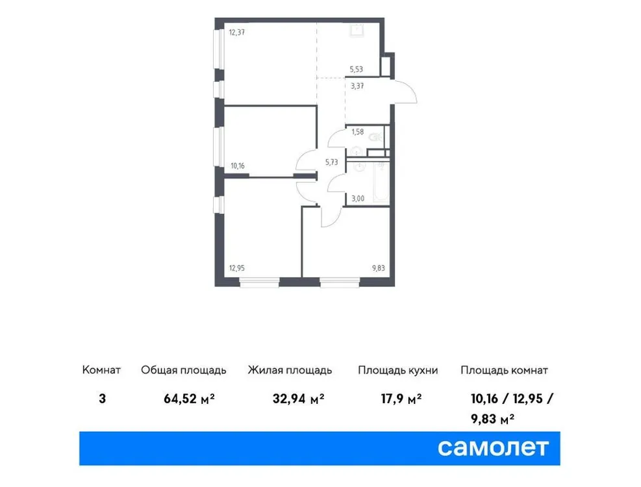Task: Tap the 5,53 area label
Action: [x=357, y=68]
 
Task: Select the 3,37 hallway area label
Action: [x=357, y=85]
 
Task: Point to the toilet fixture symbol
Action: [x=375, y=137]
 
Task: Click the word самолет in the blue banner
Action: [x=494, y=447]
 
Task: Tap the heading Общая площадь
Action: [x=184, y=371]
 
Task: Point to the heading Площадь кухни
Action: [x=398, y=371]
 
